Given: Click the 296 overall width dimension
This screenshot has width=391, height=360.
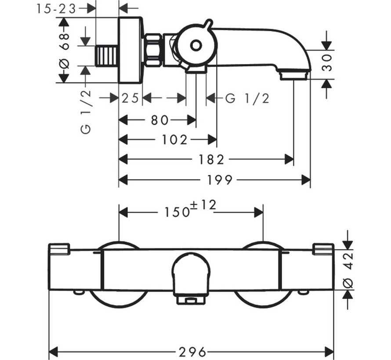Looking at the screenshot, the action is [192, 352].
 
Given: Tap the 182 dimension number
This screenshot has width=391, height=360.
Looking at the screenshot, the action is [211, 159].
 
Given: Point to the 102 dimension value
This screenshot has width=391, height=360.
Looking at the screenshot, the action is [174, 140].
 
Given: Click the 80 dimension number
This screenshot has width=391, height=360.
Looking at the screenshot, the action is [159, 120].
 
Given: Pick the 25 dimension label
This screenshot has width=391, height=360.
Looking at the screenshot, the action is [130, 98].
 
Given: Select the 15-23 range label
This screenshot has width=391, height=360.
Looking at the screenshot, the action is [56, 9].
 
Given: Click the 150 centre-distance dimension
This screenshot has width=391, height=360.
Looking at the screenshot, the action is [177, 212].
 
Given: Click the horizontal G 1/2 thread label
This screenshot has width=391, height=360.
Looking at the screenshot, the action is [247, 98].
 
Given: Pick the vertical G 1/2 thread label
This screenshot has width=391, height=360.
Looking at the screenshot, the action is [86, 112].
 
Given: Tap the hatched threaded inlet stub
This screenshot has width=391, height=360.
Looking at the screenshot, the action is [107, 56].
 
